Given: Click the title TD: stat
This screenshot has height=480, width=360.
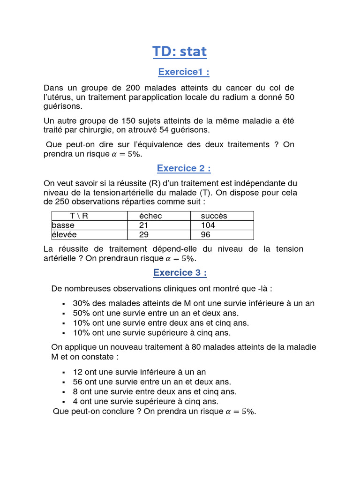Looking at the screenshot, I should [180, 52].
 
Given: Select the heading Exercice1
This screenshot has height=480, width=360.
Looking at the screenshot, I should [183, 72].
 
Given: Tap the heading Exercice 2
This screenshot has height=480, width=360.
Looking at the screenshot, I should [183, 168].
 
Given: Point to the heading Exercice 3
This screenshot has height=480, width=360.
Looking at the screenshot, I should [180, 273].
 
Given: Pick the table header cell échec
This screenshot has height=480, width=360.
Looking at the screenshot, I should [150, 216].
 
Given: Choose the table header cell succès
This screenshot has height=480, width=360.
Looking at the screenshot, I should [214, 216].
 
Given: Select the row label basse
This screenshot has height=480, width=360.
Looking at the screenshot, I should [63, 225].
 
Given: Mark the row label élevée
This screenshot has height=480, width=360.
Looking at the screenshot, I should [65, 235].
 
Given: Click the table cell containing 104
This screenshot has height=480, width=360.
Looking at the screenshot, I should [208, 225].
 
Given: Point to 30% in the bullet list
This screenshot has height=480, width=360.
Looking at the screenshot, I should [82, 303].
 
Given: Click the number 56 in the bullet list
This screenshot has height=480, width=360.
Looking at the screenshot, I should [78, 382].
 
